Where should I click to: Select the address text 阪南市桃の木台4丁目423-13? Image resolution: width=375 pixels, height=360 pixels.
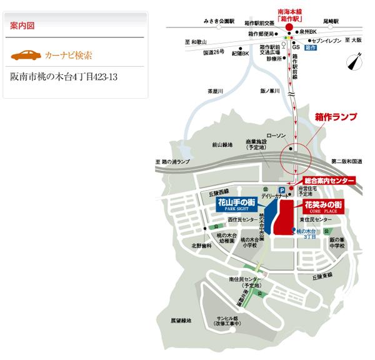coord(64,77)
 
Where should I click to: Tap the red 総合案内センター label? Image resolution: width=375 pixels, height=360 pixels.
coord(329,180)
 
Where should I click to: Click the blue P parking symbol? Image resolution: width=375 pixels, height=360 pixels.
coord(281,189)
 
